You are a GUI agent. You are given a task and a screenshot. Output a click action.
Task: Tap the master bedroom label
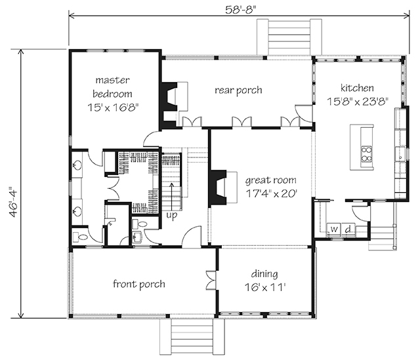click(x=112, y=87)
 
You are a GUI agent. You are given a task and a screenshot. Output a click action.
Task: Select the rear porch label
click(x=238, y=90)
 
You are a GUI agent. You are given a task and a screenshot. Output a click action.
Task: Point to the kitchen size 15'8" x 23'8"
click(x=358, y=102)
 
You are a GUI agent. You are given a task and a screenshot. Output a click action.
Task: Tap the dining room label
click(x=264, y=274)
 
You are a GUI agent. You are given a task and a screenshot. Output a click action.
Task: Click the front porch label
click(x=138, y=284)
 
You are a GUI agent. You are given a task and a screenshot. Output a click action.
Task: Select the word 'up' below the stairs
click(x=172, y=215)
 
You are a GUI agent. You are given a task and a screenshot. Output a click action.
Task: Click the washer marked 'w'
click(x=334, y=230)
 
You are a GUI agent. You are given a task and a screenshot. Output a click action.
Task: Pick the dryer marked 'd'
click(x=348, y=230)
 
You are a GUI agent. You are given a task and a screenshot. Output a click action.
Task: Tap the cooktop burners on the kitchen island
click(x=366, y=154)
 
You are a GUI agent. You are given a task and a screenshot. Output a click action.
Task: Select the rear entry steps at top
click(x=289, y=37)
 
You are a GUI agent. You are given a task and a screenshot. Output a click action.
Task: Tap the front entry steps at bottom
click(x=192, y=337)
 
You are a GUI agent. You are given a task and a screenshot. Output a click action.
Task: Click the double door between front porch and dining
click(x=211, y=280)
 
